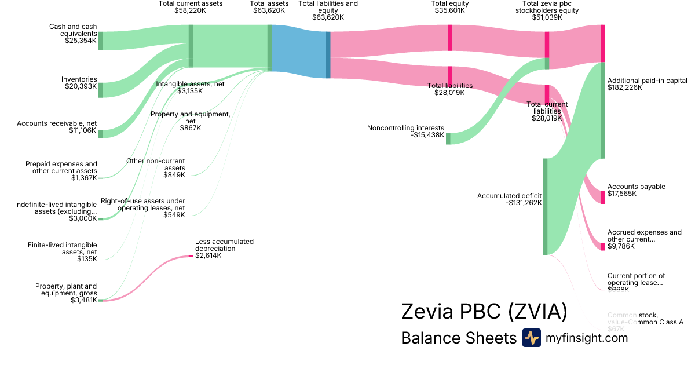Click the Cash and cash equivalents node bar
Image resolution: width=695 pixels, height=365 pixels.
tap(100, 41)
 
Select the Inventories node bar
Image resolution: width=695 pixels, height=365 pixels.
tap(100, 90)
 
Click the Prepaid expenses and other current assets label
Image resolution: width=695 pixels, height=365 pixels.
tap(61, 167)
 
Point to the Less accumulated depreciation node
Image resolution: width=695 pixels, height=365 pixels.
tap(191, 256)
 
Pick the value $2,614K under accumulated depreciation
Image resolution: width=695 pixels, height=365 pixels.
tap(208, 256)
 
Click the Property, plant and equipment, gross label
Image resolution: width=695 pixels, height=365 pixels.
tap(66, 290)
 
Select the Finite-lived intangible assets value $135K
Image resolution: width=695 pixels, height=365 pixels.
tap(87, 259)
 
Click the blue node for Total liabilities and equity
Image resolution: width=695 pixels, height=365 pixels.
tap(328, 54)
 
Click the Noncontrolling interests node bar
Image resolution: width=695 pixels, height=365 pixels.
tap(448, 138)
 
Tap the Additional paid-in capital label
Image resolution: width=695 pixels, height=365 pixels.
tap(647, 81)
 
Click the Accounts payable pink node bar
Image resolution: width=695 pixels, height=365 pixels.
tap(603, 197)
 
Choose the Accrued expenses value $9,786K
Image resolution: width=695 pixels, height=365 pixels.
tap(621, 246)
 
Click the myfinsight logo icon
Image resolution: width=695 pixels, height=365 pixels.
tap(531, 338)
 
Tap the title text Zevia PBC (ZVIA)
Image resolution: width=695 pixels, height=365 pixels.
tap(484, 312)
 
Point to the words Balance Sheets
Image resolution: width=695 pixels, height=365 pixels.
tap(458, 338)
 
